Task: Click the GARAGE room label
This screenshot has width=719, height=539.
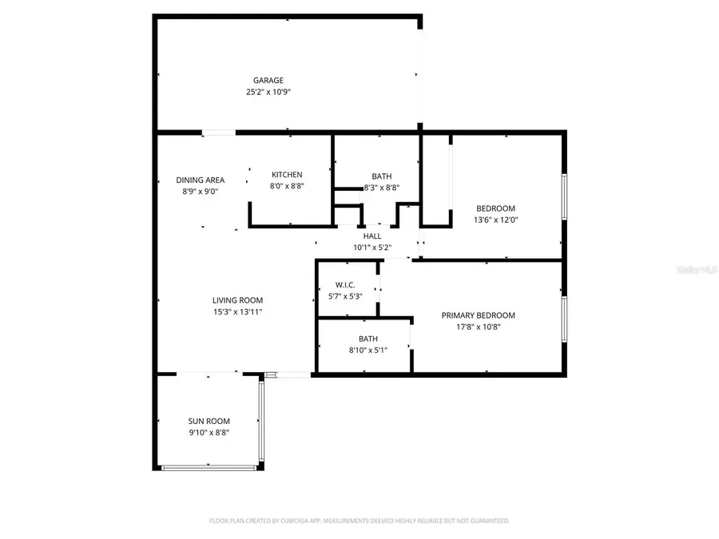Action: pos(268,81)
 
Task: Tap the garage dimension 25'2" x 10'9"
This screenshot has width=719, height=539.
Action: pos(268,93)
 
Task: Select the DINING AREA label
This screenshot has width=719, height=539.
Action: pos(201,180)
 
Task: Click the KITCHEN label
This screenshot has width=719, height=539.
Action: pos(287,175)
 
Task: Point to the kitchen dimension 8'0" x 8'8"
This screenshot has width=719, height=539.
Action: pos(287,186)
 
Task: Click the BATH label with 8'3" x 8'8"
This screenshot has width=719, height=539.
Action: pos(381,176)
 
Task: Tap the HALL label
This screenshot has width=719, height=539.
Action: pos(372,236)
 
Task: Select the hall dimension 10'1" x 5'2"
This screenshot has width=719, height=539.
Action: pos(372,248)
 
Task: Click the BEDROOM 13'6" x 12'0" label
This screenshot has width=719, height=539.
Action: pos(495,208)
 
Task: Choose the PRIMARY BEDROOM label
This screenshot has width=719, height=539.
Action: pos(478,315)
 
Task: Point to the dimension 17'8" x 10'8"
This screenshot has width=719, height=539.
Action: pos(478,327)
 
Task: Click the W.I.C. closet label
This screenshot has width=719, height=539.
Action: pos(345,285)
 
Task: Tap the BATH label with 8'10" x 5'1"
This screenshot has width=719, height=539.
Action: pos(368,339)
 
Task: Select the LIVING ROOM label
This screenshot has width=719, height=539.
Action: pos(238,300)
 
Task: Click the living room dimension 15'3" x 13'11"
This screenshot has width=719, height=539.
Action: pos(238,312)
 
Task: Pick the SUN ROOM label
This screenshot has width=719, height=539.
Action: pos(209,422)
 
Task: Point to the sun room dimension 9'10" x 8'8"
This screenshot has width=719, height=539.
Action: pos(209,433)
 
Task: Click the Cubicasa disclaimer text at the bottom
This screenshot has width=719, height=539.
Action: pos(359,521)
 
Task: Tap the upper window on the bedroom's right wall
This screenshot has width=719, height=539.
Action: pos(564,196)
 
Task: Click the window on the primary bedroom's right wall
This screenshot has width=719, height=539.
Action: pos(564,319)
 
